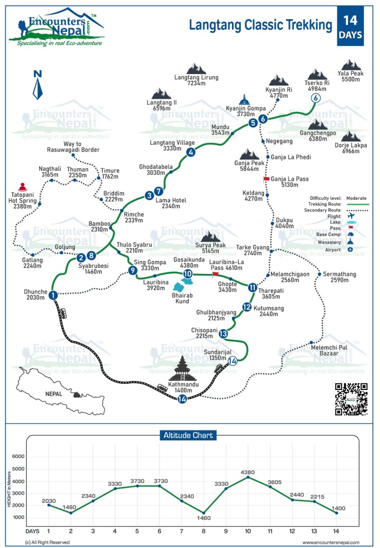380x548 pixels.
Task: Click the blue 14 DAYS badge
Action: coord(350,26)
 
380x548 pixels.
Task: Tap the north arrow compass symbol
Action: coord(38,85)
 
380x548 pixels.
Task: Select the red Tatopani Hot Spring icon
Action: coord(22,187)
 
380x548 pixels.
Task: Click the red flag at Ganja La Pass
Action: coord(266,178)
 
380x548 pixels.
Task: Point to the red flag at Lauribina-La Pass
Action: coord(215,274)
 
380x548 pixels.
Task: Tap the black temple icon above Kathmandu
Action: coord(183,369)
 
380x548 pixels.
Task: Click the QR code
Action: coord(351,399)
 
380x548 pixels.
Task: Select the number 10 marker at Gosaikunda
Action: coord(187,274)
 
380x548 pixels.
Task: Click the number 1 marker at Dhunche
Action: coord(53,295)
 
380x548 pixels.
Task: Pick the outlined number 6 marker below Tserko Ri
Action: coord(315,97)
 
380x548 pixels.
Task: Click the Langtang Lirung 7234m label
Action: coord(196,80)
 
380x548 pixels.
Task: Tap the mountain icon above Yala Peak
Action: coord(351,65)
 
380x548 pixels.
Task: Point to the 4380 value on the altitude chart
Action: coord(248,472)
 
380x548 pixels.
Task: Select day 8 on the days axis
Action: coord(204,531)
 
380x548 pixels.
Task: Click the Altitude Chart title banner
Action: coord(188,435)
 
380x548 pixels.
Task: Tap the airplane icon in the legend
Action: coord(351,216)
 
